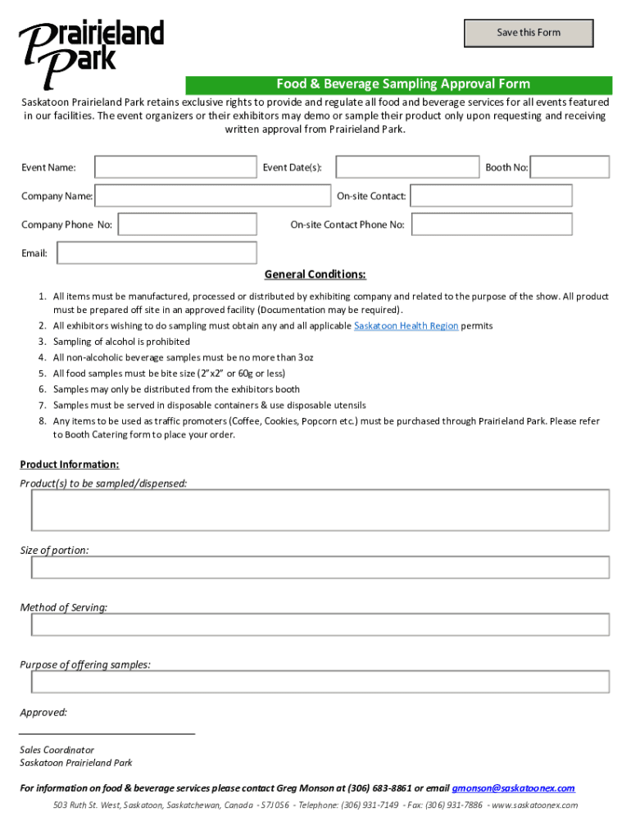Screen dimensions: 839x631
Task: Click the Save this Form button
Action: click(529, 33)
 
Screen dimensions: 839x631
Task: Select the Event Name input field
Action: click(175, 167)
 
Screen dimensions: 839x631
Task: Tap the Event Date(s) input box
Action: click(407, 167)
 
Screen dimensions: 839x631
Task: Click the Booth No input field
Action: click(570, 167)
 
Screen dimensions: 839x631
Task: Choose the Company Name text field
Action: click(212, 196)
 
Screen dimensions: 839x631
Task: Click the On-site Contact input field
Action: click(491, 196)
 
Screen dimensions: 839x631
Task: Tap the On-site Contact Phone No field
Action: click(491, 224)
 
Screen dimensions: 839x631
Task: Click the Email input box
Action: click(157, 253)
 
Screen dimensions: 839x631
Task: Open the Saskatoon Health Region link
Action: click(406, 326)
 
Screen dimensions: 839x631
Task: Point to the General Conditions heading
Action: click(315, 274)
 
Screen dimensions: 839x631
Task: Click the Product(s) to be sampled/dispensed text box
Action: click(320, 510)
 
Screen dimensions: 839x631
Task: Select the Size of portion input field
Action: click(320, 567)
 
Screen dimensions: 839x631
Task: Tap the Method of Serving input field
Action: click(320, 624)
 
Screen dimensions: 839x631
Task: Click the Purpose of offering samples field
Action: click(320, 682)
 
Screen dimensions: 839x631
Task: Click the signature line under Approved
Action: click(107, 732)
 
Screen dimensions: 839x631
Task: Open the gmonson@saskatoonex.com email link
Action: click(513, 788)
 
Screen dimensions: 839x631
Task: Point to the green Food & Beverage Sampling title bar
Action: click(398, 84)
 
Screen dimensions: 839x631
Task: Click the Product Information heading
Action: click(70, 465)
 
